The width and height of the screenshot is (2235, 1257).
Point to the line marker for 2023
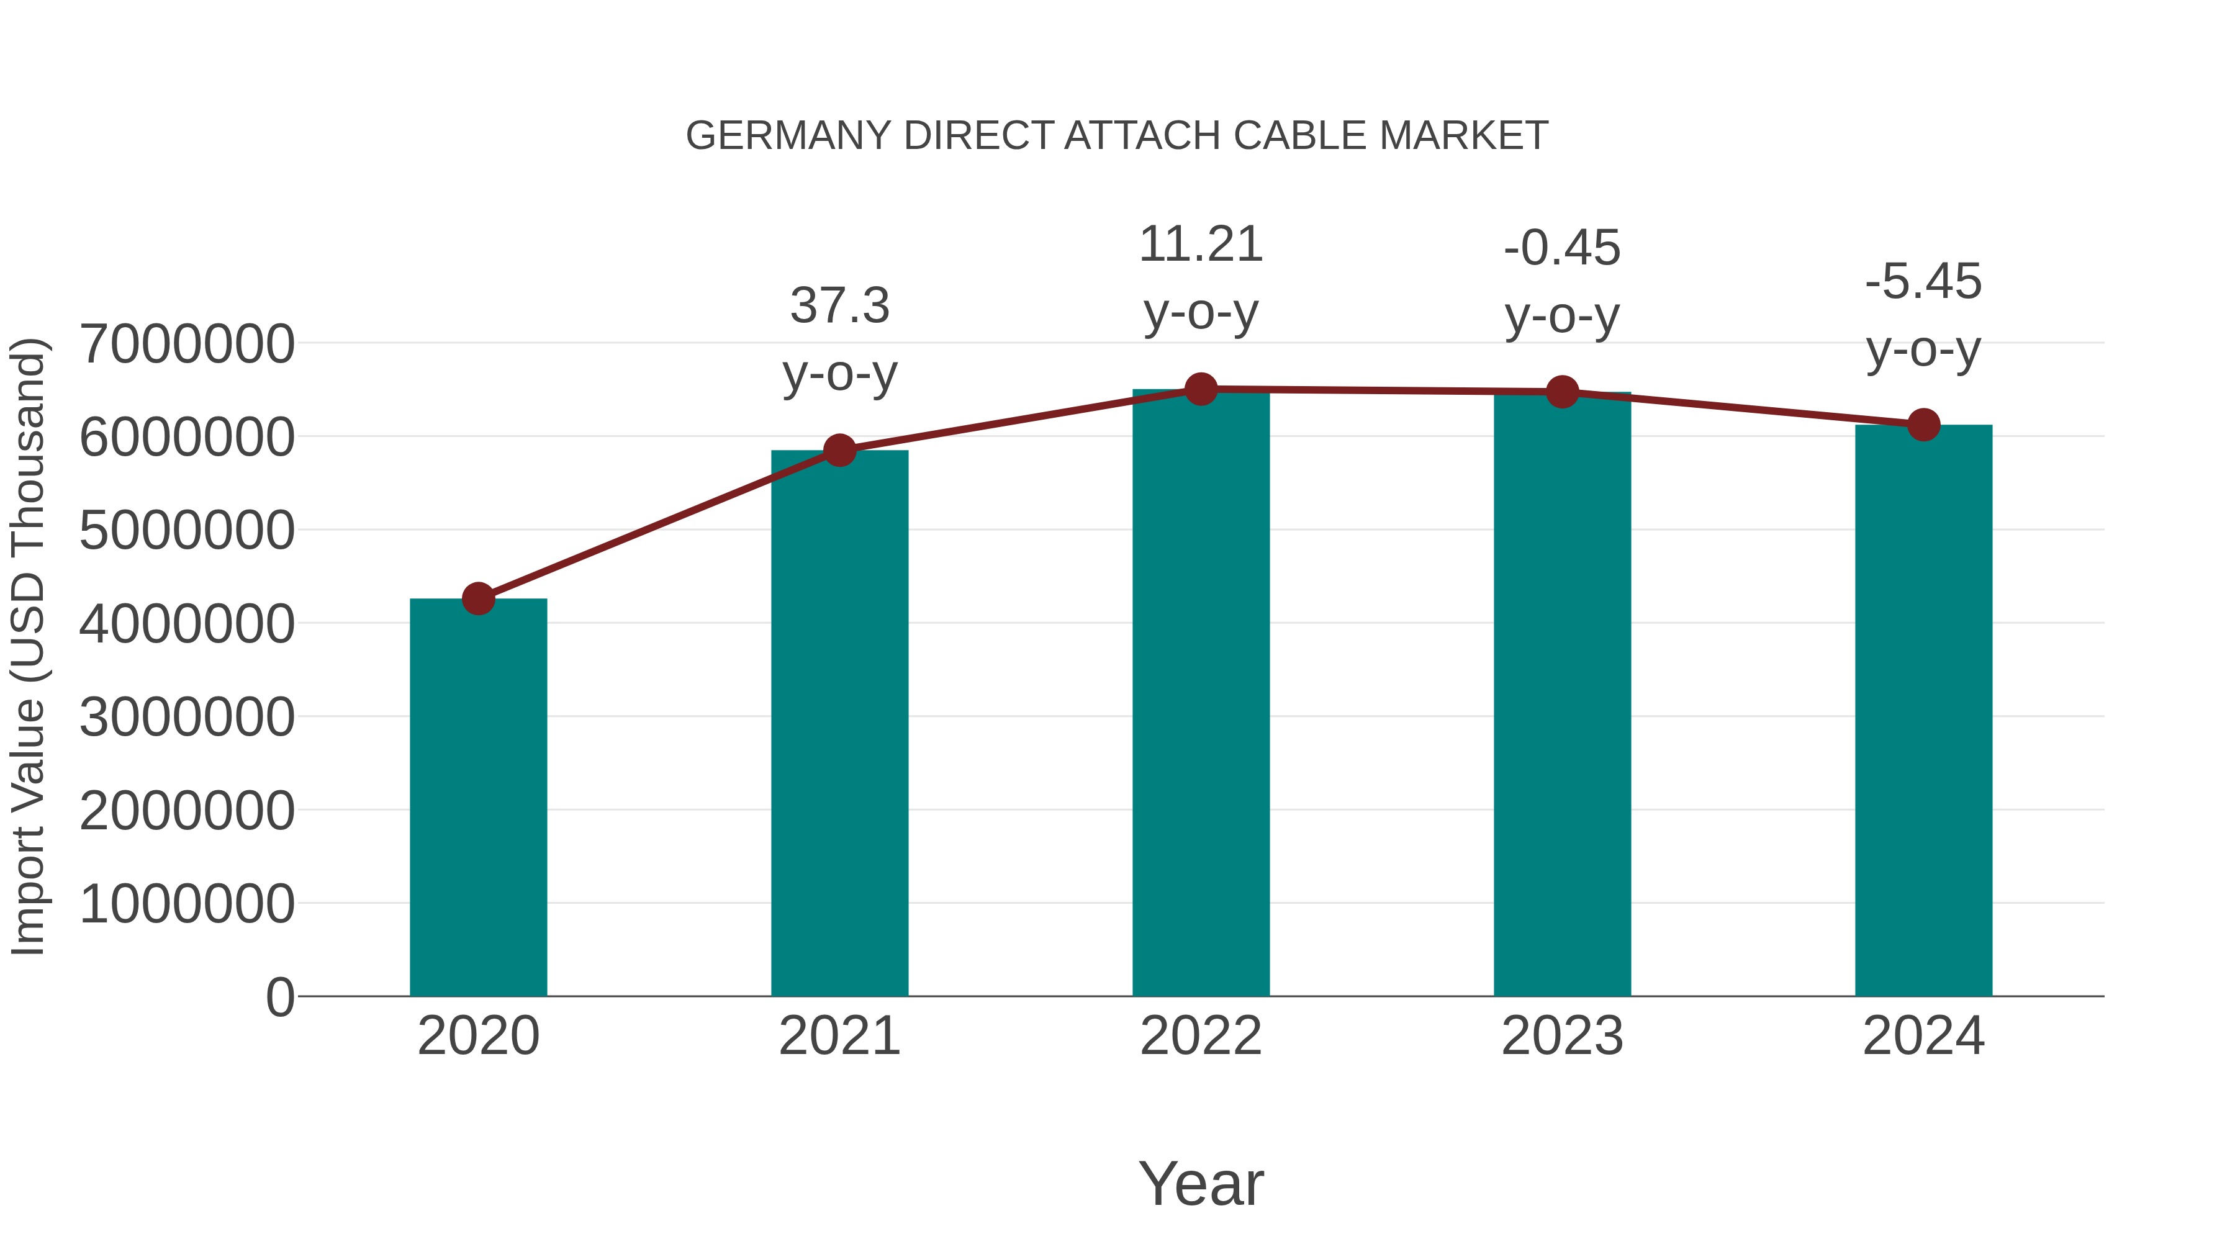coord(1562,392)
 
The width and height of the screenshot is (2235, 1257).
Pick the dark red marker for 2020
coord(478,598)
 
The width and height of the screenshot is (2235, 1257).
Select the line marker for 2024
coord(1923,425)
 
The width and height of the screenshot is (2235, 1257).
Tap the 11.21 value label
coord(1201,245)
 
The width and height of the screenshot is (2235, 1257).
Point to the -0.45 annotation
coord(1562,248)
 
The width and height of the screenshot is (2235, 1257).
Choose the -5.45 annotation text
coord(1923,282)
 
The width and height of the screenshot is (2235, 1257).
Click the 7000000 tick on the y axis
coord(186,345)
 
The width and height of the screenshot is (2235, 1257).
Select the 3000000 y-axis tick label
coord(186,718)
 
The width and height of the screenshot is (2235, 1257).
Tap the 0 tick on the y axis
coord(279,998)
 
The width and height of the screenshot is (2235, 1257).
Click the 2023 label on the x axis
coord(1562,1036)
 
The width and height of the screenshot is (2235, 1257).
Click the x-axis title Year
coord(1201,1183)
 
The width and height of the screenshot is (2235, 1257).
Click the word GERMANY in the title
coord(788,136)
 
